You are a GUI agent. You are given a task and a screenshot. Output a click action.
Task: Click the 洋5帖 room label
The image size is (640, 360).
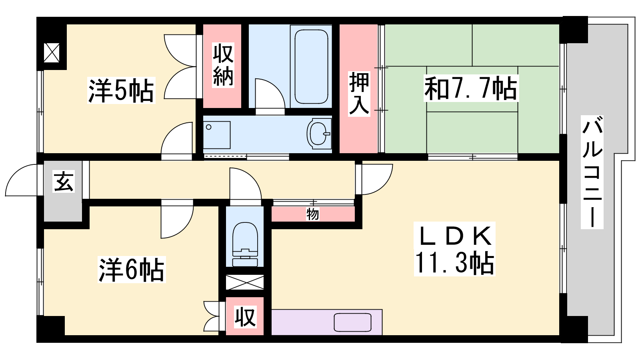(x=121, y=90)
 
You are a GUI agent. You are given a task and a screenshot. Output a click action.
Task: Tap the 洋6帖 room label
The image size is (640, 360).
(x=132, y=270)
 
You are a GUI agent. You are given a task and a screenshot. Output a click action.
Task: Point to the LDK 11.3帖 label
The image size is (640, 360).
(x=454, y=249)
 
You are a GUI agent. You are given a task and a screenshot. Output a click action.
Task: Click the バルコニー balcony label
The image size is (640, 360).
(x=592, y=172)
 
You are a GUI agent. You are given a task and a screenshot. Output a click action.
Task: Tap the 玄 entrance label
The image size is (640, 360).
(x=64, y=182)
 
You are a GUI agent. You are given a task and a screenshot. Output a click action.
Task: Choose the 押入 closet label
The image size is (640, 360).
(x=359, y=94)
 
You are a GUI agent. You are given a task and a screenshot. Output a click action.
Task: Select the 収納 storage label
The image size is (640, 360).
(x=223, y=65)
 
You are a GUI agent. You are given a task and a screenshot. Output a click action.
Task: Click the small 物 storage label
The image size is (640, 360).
(x=312, y=214)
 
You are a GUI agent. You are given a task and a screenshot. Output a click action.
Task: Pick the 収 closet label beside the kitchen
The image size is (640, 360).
(x=245, y=316)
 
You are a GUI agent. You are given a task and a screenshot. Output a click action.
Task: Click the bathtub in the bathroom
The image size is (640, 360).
(x=311, y=66)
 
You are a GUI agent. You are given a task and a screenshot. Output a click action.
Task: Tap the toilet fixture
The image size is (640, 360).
(x=245, y=244)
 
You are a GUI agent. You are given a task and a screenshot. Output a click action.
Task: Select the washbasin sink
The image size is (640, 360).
(x=319, y=134)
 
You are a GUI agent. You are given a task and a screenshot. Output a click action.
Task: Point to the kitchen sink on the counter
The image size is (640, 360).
(x=352, y=322)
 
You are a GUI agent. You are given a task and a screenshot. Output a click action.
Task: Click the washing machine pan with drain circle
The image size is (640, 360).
(x=217, y=135)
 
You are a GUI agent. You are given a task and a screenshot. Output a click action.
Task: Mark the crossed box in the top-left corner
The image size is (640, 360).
(x=52, y=52)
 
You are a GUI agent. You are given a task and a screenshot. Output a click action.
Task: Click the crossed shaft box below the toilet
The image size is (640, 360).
(x=245, y=282)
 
